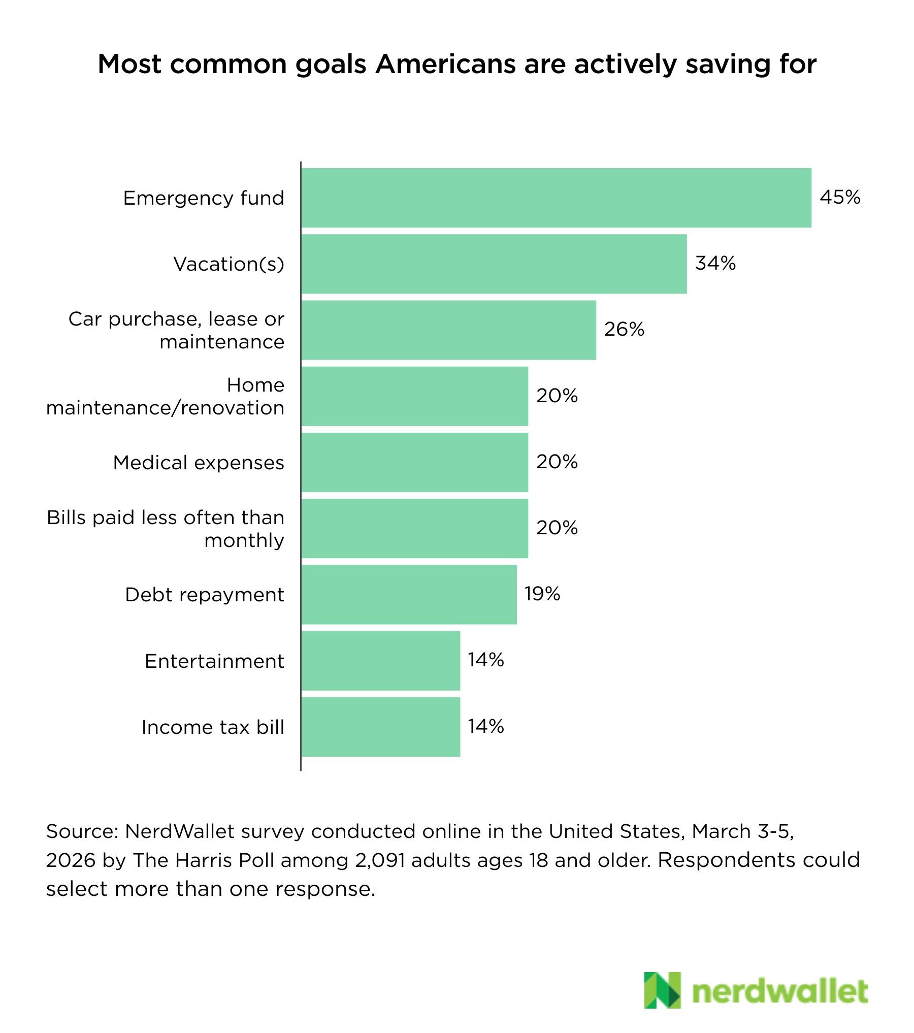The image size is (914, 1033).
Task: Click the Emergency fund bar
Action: point(556,198)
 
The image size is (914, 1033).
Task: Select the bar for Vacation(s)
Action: point(494,264)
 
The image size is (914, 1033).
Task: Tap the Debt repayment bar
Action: point(409,594)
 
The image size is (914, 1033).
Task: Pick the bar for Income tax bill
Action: point(380,727)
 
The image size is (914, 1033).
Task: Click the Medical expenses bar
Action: point(414,462)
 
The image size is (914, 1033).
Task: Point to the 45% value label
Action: point(840,197)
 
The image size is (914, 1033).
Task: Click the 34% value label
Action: point(715,263)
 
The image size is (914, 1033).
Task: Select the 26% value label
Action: point(624,329)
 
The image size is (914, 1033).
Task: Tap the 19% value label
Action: point(542,594)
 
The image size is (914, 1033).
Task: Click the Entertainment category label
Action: point(214,661)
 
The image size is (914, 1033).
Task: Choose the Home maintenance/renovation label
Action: point(166,396)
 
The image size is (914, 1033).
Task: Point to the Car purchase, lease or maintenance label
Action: point(176,330)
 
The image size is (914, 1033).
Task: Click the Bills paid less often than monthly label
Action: point(166,529)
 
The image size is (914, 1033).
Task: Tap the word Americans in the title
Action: point(445,64)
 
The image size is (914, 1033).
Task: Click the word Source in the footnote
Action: point(81,831)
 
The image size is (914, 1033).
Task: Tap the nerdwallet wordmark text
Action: point(779,991)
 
